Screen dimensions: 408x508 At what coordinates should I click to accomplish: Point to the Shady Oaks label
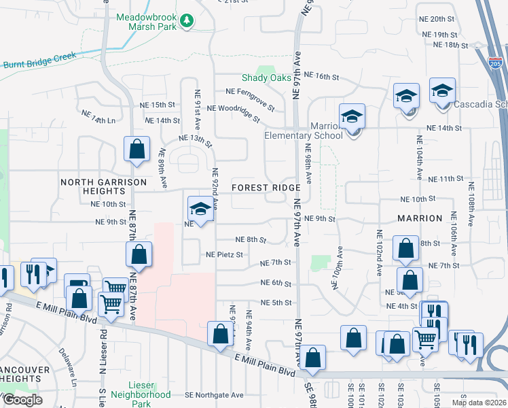pyautogui.click(x=266, y=78)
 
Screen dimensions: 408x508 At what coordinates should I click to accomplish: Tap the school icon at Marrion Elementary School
pyautogui.click(x=352, y=118)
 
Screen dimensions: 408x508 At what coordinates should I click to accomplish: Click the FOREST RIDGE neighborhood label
pyautogui.click(x=265, y=187)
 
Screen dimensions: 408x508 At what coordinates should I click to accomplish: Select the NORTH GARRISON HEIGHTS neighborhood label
pyautogui.click(x=103, y=187)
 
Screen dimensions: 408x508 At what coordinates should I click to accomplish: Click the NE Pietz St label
pyautogui.click(x=224, y=255)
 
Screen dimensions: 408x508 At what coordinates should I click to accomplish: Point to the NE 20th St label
pyautogui.click(x=441, y=19)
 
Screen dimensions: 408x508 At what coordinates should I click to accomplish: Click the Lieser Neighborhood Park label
pyautogui.click(x=140, y=398)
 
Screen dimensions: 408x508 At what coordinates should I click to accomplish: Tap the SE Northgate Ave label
pyautogui.click(x=214, y=395)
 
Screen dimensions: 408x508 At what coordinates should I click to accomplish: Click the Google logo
pyautogui.click(x=22, y=400)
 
